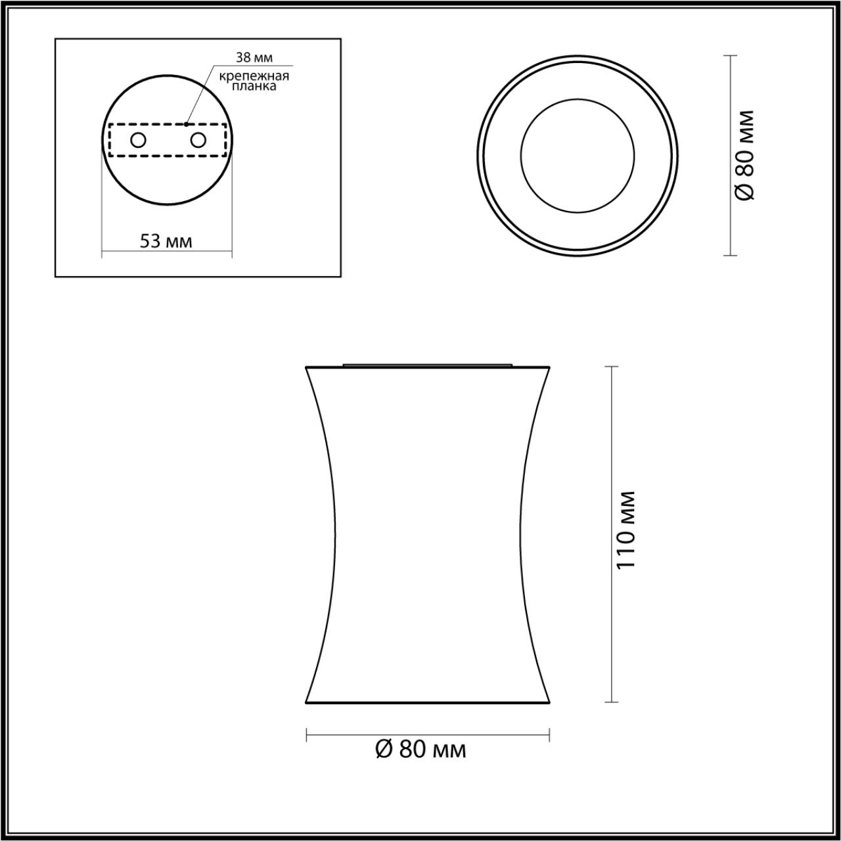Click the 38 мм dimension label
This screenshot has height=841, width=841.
tap(254, 58)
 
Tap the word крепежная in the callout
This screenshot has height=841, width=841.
tap(255, 76)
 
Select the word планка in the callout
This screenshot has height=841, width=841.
tap(254, 86)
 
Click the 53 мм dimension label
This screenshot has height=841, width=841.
tap(166, 240)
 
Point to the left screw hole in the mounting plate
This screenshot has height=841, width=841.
tap(138, 140)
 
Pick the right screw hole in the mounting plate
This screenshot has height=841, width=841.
tap(198, 140)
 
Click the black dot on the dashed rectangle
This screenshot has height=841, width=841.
tap(187, 124)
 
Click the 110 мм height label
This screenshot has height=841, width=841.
tap(627, 530)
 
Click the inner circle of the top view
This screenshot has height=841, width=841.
tap(578, 155)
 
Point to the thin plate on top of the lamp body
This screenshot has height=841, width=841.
tap(428, 363)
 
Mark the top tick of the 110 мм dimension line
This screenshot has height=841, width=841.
tap(612, 367)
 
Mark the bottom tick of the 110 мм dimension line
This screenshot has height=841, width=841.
tap(612, 702)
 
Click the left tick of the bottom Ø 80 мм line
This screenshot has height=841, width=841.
tap(307, 735)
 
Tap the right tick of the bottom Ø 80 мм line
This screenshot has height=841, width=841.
tap(549, 735)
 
